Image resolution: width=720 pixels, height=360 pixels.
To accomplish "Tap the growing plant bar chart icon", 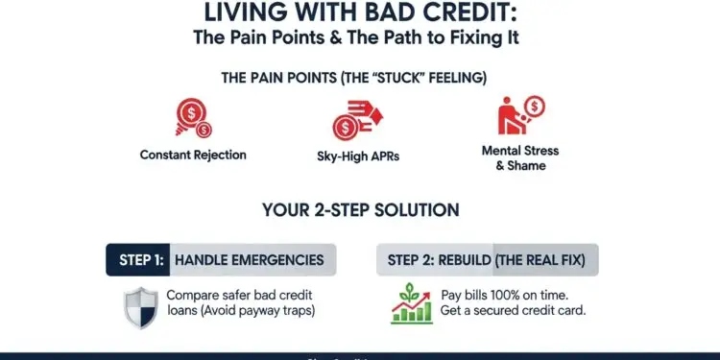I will point(412,301).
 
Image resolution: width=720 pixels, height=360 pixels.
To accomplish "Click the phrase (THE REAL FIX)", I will point(544,260).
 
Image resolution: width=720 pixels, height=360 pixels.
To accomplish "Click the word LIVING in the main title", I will point(249,15).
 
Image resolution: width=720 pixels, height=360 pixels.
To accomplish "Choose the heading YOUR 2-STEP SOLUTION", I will point(360,209).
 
